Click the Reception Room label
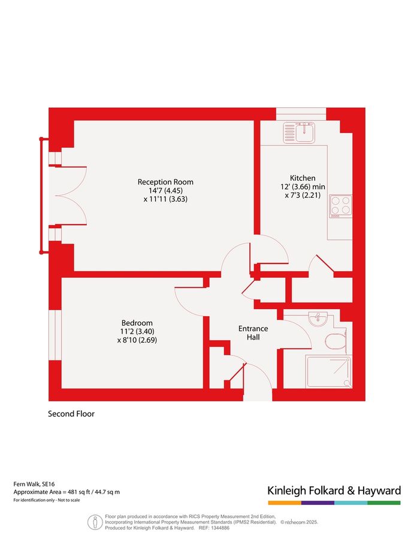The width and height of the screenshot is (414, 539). coord(165,182)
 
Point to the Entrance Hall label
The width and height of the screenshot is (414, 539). coord(253,333)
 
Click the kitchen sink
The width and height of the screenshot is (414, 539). coord(299,131)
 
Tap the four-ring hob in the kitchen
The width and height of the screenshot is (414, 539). coord(341,207)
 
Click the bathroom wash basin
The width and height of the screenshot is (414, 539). coord(318,318)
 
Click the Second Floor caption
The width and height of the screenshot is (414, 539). coord(71,414)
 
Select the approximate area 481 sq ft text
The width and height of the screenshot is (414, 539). coord(67,492)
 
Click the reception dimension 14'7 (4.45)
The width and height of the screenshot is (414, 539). coord(165,191)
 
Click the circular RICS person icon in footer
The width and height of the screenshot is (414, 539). coord(95,522)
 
